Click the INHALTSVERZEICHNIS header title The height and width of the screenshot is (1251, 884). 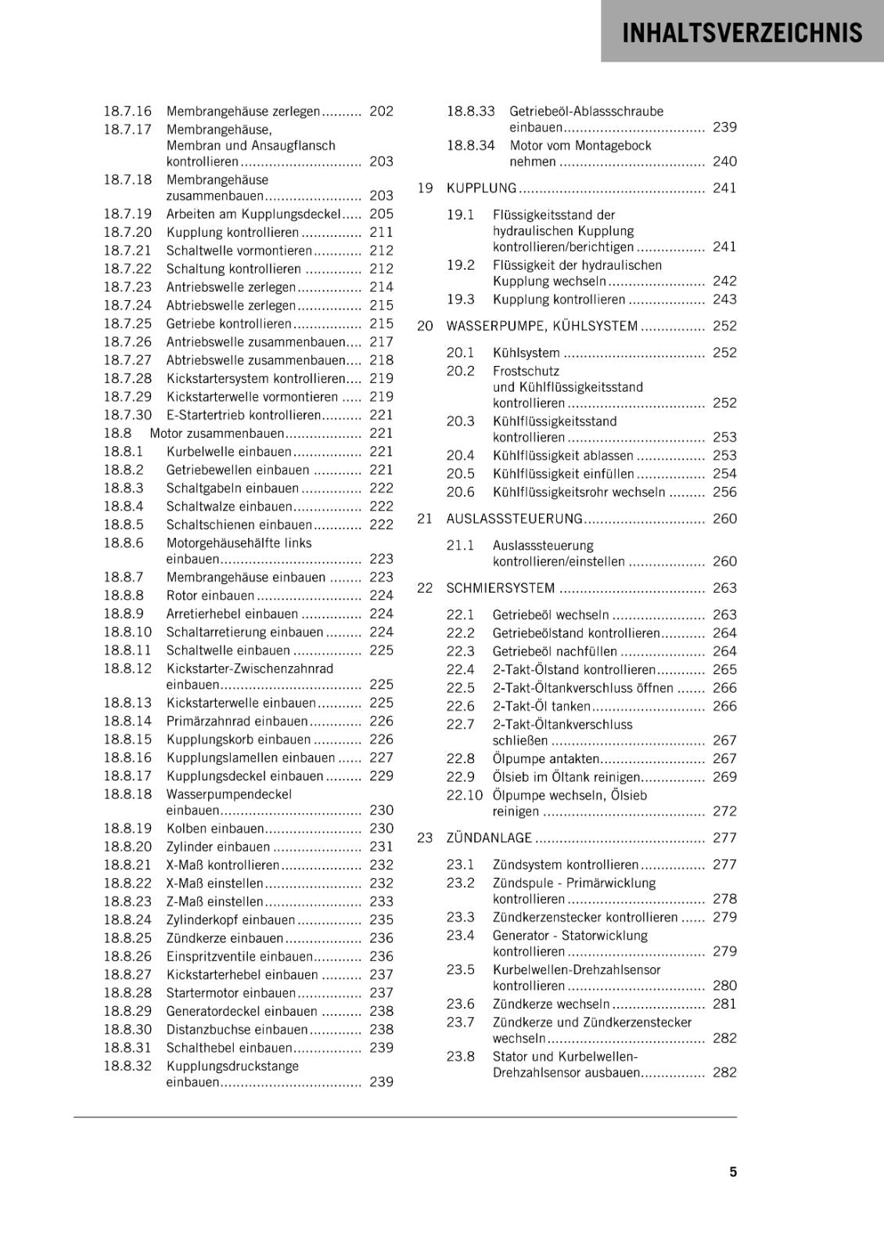pyautogui.click(x=742, y=33)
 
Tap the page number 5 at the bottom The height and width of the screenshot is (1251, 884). pyautogui.click(x=733, y=1172)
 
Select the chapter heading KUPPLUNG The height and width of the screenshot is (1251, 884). pyautogui.click(x=481, y=188)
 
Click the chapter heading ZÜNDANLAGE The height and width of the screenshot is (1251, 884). pyautogui.click(x=489, y=838)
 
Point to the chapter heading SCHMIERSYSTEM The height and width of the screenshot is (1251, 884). pyautogui.click(x=500, y=588)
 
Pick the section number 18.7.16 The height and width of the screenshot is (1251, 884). pyautogui.click(x=128, y=112)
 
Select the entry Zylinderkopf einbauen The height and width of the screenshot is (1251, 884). pyautogui.click(x=231, y=920)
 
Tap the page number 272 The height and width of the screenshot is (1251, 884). pyautogui.click(x=724, y=812)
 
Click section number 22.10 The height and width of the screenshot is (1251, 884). pyautogui.click(x=464, y=795)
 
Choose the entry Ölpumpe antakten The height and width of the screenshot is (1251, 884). pyautogui.click(x=545, y=759)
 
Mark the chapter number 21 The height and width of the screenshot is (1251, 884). pyautogui.click(x=425, y=519)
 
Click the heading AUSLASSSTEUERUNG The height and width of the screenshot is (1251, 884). pyautogui.click(x=514, y=519)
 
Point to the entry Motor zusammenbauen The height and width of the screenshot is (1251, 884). pyautogui.click(x=217, y=433)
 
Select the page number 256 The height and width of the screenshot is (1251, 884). pyautogui.click(x=724, y=493)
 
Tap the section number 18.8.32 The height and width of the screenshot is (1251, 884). pyautogui.click(x=128, y=1066)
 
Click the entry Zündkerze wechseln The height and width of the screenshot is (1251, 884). pyautogui.click(x=551, y=1005)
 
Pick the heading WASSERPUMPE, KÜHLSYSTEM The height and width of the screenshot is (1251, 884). pyautogui.click(x=541, y=326)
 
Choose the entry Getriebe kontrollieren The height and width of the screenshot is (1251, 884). pyautogui.click(x=228, y=324)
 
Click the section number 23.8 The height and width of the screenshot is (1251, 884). pyautogui.click(x=461, y=1057)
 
